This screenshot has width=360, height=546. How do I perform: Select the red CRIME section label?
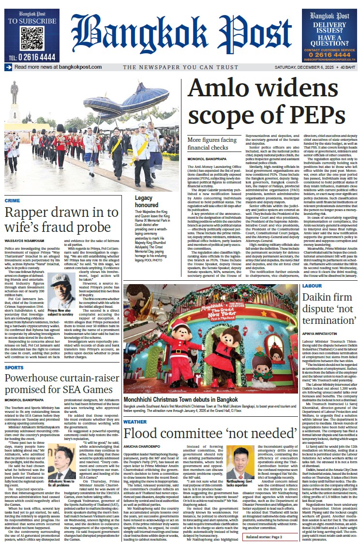coord(13,200)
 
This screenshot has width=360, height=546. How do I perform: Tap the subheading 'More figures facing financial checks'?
coord(212,144)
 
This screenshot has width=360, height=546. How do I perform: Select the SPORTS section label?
coord(14,368)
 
